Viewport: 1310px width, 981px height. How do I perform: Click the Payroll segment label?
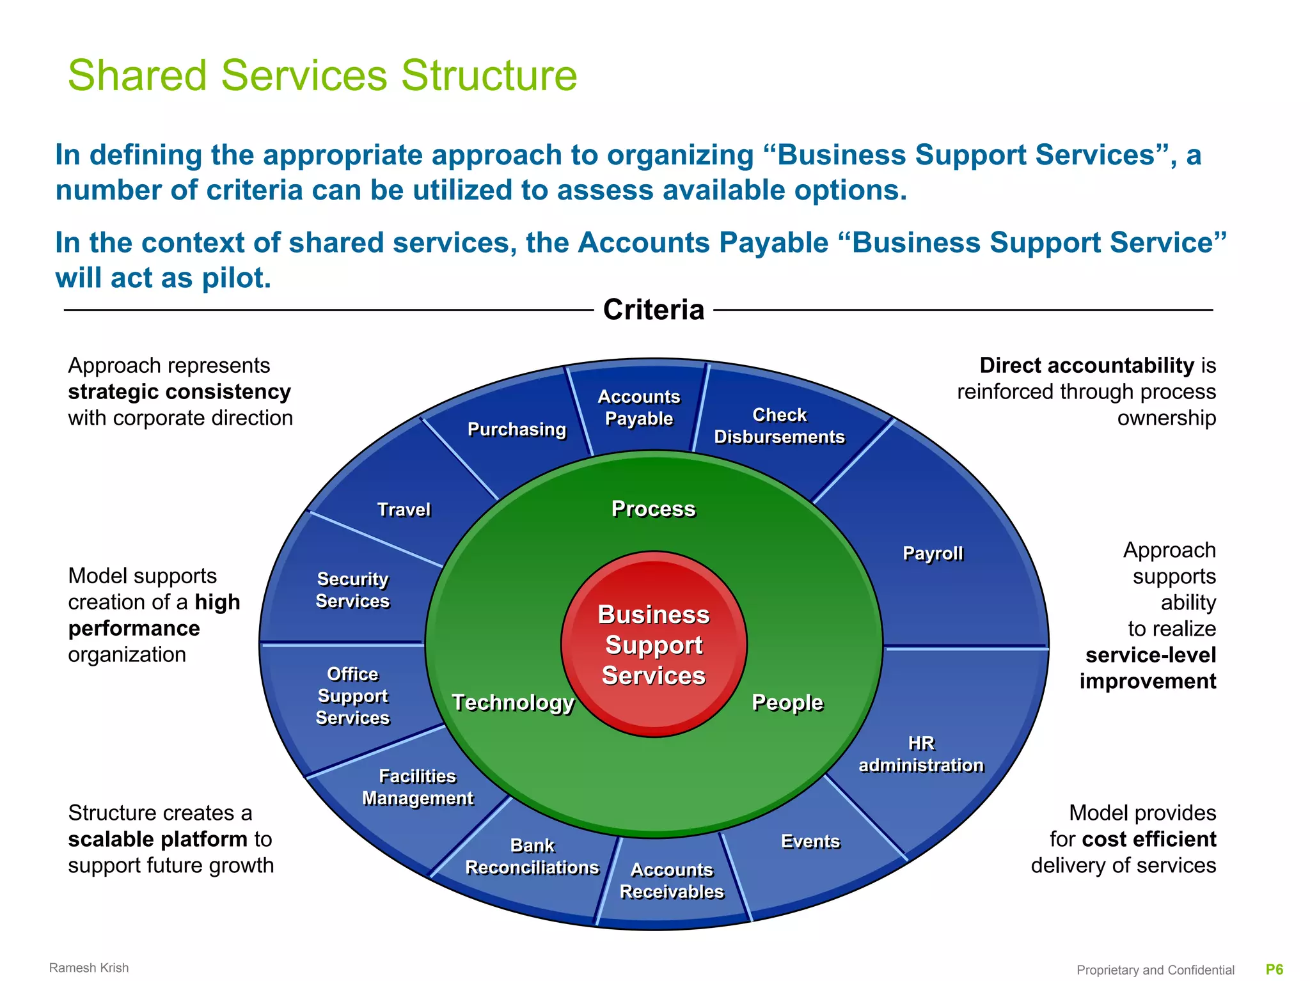click(x=932, y=553)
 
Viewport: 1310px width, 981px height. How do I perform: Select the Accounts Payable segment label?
click(x=638, y=407)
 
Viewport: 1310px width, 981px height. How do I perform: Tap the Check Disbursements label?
click(x=779, y=426)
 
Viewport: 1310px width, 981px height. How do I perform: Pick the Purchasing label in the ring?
click(x=517, y=429)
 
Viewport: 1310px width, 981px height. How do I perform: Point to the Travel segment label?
click(x=404, y=510)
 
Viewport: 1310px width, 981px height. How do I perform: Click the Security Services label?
click(x=352, y=590)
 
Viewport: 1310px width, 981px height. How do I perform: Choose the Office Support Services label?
click(x=352, y=696)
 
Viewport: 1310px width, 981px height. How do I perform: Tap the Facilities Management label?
click(x=418, y=787)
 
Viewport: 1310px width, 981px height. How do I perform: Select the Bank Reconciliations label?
click(x=532, y=856)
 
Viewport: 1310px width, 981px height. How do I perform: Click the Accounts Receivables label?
click(x=672, y=881)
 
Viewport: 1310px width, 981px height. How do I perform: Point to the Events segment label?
click(x=810, y=842)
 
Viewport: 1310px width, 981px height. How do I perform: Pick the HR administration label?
click(x=921, y=754)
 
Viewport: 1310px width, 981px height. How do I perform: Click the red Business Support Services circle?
click(x=654, y=645)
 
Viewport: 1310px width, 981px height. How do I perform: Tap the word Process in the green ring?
click(x=653, y=509)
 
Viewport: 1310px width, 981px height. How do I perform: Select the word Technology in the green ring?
click(x=513, y=702)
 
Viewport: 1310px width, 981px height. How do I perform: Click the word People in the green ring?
click(x=787, y=702)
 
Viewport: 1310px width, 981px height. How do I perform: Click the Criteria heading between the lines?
click(x=654, y=310)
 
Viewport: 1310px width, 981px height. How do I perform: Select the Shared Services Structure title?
click(x=322, y=75)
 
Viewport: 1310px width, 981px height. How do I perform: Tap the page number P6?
click(x=1274, y=969)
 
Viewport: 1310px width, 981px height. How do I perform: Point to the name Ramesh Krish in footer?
click(x=89, y=968)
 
